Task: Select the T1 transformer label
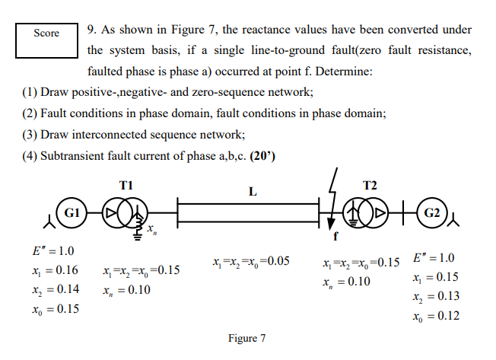tap(126, 186)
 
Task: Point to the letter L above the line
tap(253, 191)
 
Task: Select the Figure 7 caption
tap(247, 338)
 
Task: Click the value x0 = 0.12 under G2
tap(436, 315)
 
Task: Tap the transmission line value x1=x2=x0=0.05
tap(252, 261)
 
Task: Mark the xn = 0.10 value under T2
tap(349, 282)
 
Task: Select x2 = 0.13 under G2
tap(436, 296)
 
